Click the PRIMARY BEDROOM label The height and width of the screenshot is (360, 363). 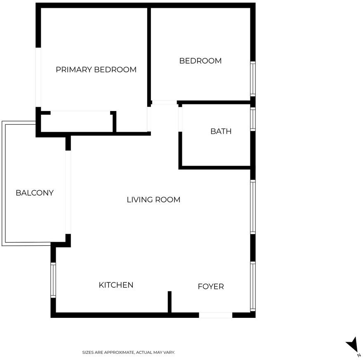[96, 69]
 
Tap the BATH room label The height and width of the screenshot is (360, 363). [221, 131]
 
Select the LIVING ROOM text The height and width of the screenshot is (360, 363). [153, 200]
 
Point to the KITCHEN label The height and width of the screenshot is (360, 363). [116, 285]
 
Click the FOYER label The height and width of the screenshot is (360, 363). [211, 287]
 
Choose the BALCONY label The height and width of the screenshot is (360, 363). [35, 193]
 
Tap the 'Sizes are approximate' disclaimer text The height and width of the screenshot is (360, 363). [129, 352]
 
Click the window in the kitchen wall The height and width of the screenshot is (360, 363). [53, 280]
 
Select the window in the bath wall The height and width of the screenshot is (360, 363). [253, 119]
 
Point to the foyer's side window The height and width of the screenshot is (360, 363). [253, 287]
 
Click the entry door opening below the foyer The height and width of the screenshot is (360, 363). [215, 315]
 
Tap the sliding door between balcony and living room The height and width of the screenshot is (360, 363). [68, 192]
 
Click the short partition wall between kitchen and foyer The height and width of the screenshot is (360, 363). [170, 302]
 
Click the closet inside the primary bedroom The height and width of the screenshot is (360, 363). [77, 122]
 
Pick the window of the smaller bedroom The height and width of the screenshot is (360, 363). [253, 79]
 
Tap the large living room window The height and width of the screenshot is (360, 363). [253, 207]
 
